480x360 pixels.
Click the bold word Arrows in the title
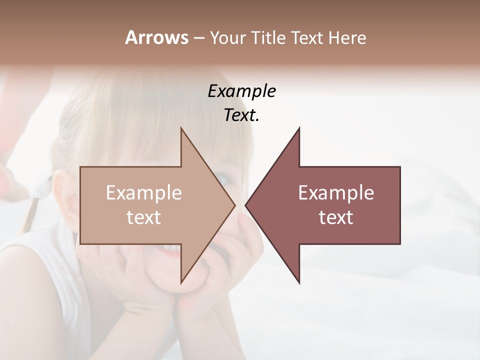[156, 37]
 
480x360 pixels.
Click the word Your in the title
[227, 38]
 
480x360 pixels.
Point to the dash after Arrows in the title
[198, 38]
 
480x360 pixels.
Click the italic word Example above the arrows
[241, 91]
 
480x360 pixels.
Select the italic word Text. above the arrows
[241, 115]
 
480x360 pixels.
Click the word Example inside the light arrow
[144, 193]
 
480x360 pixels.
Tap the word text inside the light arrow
[144, 217]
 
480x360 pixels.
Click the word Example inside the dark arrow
[336, 193]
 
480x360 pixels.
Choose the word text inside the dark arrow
[336, 217]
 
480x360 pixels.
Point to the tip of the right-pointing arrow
[235, 205]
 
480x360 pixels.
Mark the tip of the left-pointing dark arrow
[245, 205]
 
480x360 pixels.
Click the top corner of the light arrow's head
[181, 128]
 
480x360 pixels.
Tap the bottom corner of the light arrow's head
[181, 282]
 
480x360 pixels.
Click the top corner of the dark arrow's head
[299, 128]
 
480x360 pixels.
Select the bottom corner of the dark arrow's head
[299, 282]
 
